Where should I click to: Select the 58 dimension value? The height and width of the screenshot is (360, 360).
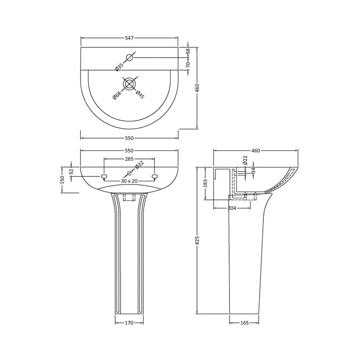tap(189, 52)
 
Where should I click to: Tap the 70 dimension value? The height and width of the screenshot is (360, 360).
tap(189, 64)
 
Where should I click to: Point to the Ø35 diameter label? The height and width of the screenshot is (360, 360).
tap(118, 66)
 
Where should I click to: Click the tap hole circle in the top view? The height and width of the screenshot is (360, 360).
tap(130, 57)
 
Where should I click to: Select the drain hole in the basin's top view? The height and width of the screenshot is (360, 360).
tap(130, 84)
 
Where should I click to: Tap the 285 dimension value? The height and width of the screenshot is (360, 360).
tap(129, 159)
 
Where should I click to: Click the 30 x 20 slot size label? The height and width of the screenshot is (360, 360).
tap(129, 181)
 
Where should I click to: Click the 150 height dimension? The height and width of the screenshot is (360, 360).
tap(63, 179)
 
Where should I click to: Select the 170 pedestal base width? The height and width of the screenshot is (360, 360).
tap(129, 323)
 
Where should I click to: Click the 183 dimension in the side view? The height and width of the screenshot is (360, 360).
tap(205, 183)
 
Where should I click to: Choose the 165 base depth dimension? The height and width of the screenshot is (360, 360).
tap(244, 323)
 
